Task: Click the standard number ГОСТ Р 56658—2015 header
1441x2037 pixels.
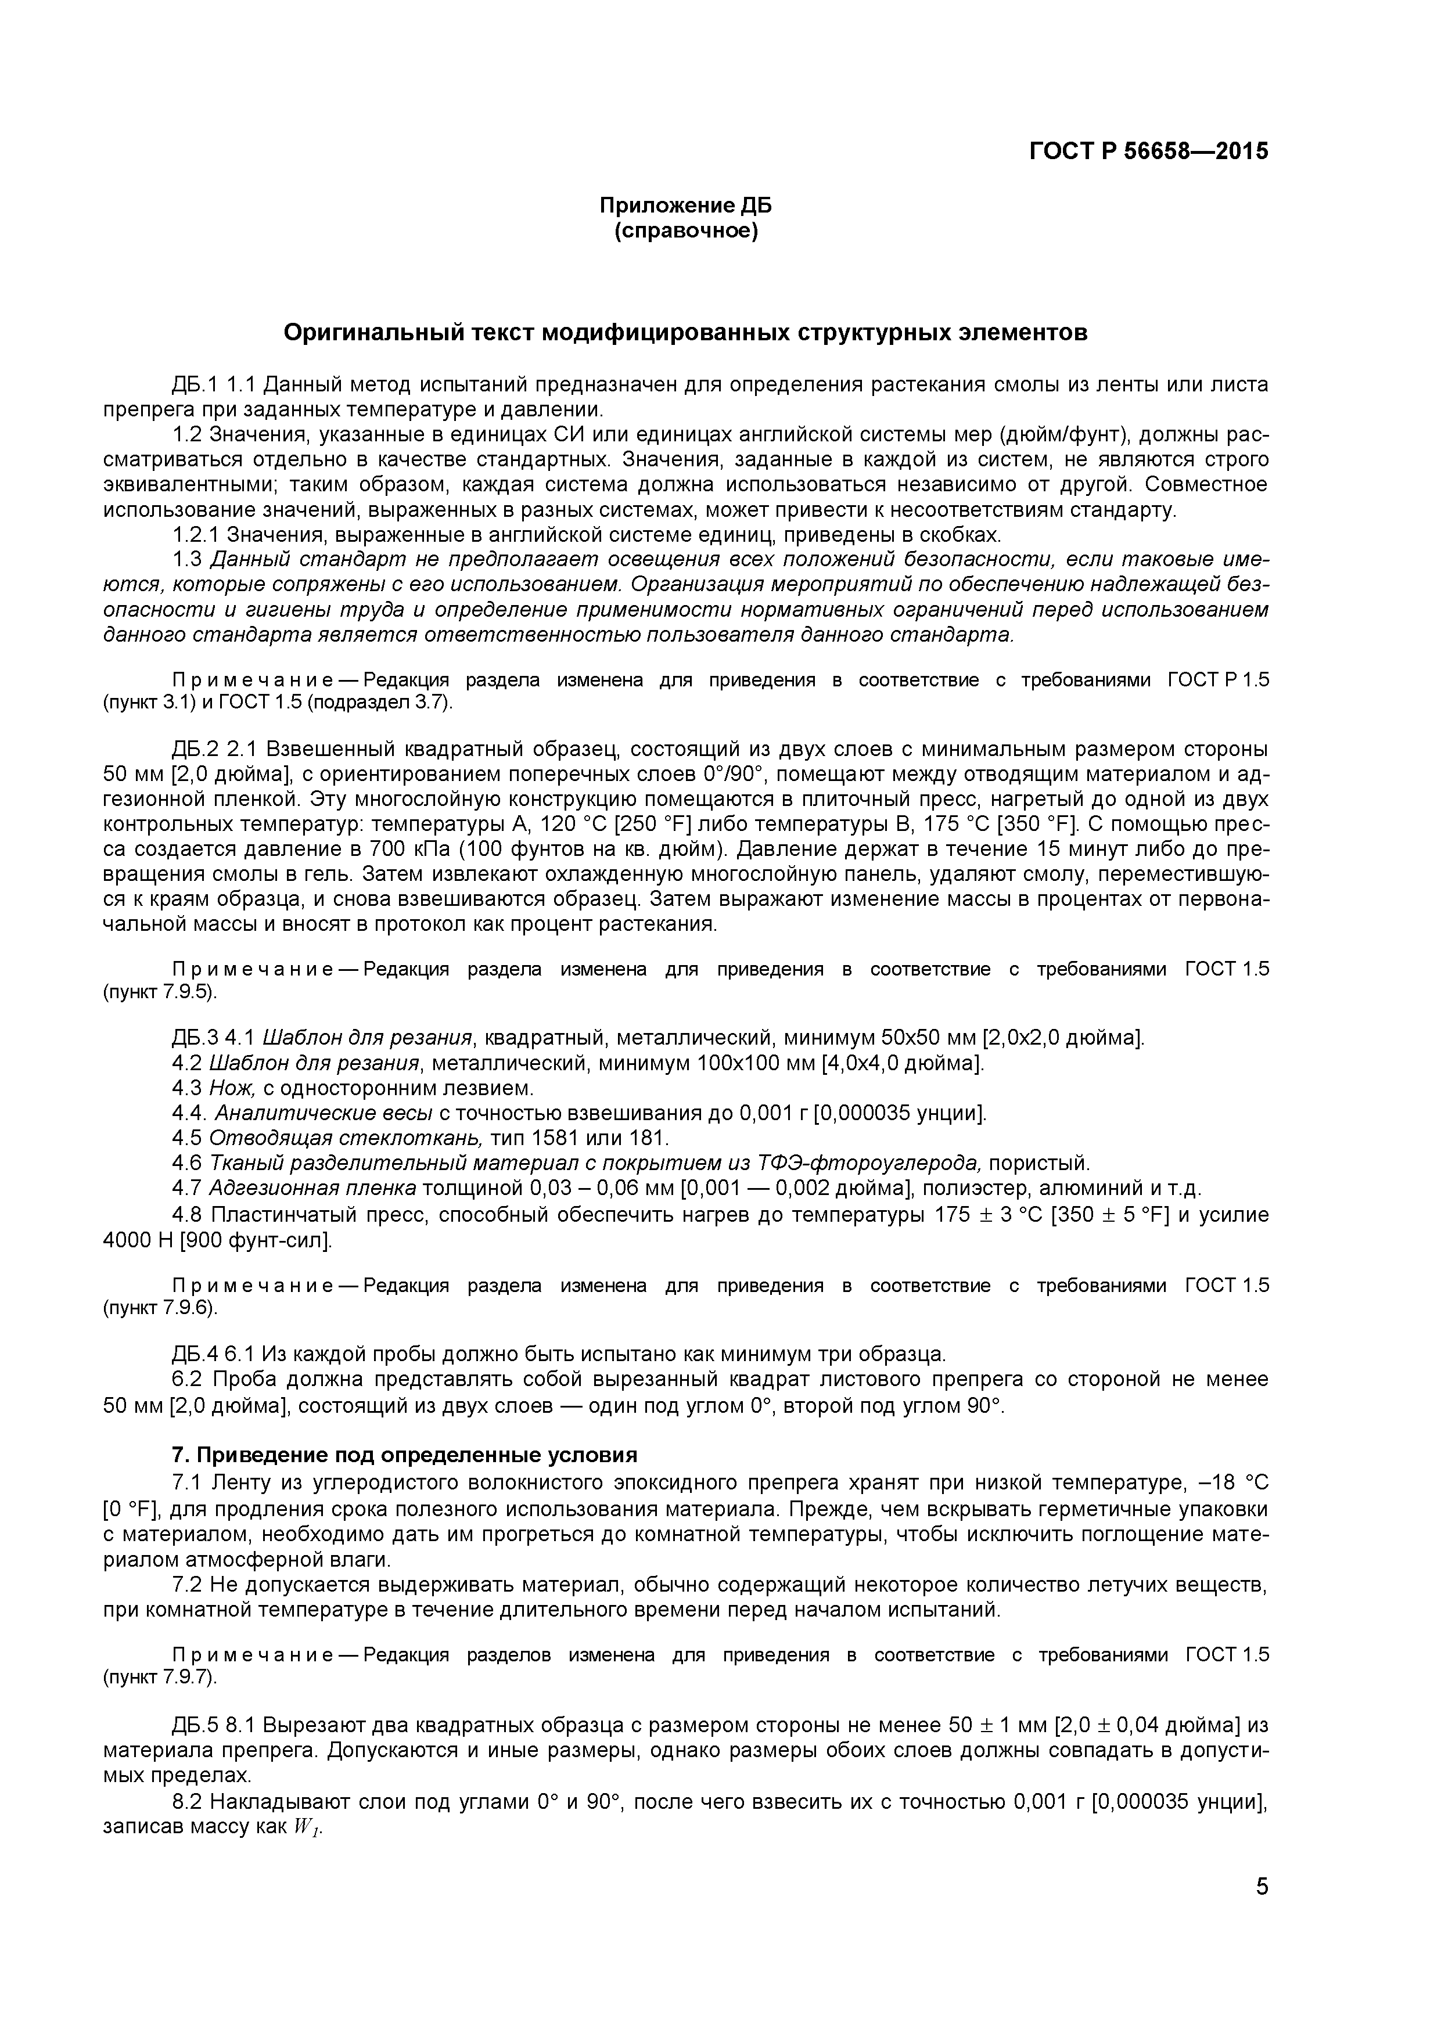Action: [x=1148, y=152]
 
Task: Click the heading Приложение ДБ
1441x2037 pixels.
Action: [x=685, y=206]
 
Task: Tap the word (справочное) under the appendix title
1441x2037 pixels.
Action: [x=685, y=232]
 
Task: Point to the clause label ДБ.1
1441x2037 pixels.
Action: [x=195, y=385]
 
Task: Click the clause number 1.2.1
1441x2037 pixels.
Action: [x=196, y=535]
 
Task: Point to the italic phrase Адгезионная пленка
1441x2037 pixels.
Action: [x=313, y=1188]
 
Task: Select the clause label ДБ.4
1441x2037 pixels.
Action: [x=195, y=1355]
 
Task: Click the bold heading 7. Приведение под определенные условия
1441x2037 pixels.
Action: [x=405, y=1455]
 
